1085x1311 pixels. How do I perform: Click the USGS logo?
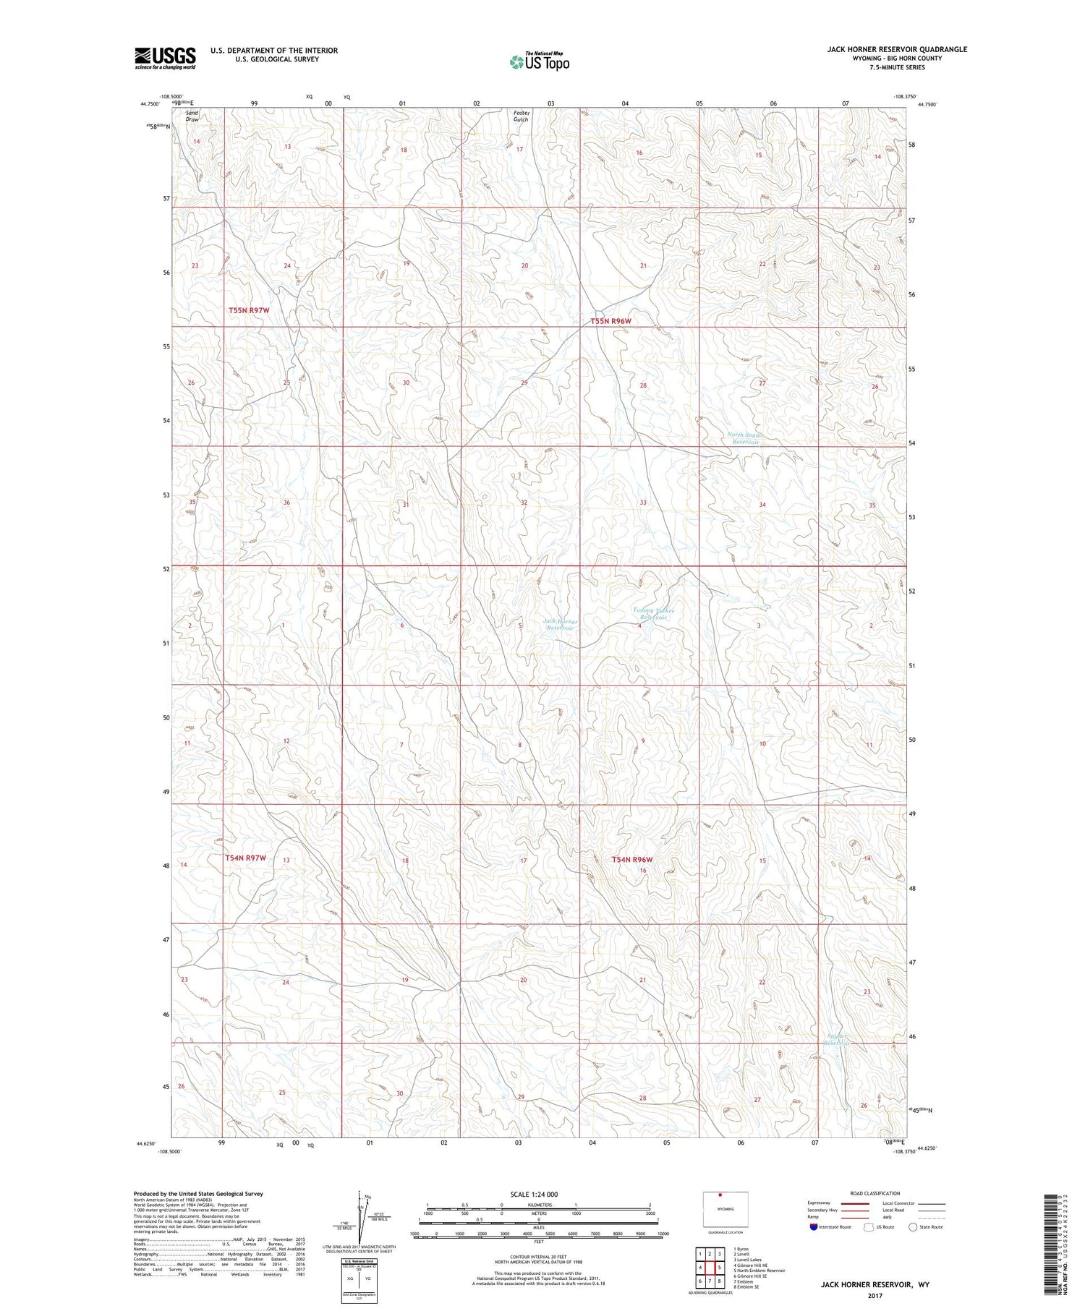coord(165,58)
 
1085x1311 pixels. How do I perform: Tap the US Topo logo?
coord(540,62)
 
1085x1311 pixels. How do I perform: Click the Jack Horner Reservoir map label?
coord(560,625)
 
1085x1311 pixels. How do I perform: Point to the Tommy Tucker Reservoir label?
coord(653,614)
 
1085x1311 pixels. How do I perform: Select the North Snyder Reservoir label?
coord(746,438)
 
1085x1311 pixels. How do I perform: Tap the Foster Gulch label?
coord(521,116)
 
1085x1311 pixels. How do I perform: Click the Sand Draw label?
coord(192,116)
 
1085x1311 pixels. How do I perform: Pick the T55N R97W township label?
coord(249,310)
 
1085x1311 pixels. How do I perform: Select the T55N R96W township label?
coord(610,321)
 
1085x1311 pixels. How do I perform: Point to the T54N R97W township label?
coord(246,858)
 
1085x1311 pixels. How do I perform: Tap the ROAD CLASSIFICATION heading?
coord(875,1193)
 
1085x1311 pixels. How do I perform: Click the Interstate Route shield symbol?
coord(813,1227)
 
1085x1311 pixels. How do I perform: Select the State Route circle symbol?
coord(914,1227)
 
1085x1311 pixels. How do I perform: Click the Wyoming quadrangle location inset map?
coord(726,1210)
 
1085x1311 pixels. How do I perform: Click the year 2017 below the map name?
coord(875,1295)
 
